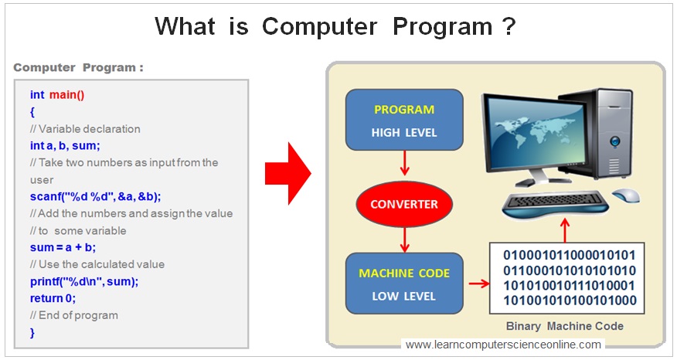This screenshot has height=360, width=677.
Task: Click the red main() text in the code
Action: (67, 95)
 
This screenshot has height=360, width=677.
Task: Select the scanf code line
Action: (95, 196)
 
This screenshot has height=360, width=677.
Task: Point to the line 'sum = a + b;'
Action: (63, 247)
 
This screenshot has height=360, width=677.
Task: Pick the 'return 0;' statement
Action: (53, 298)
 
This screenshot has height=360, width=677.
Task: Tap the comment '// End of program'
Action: (74, 315)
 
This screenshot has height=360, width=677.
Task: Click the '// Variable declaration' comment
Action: (85, 129)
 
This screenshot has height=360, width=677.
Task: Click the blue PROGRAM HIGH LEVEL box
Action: (403, 121)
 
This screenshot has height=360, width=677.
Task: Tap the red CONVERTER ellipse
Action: (403, 205)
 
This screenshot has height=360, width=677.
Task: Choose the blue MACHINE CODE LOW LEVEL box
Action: (403, 284)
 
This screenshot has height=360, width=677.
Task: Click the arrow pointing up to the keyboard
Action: (565, 229)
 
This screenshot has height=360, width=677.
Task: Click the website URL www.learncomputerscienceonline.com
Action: (502, 345)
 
